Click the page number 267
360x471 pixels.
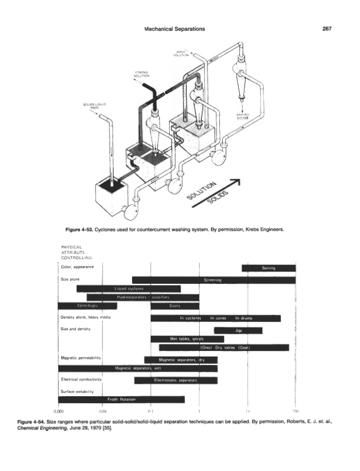click(x=328, y=29)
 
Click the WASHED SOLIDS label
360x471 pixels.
click(x=243, y=116)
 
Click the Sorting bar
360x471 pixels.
click(x=268, y=268)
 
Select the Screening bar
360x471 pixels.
click(x=213, y=280)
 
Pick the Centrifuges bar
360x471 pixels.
click(x=87, y=306)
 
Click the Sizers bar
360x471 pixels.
click(x=174, y=306)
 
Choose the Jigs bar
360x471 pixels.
click(x=238, y=330)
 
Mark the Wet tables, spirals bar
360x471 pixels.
click(x=187, y=339)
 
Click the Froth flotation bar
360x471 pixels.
click(x=121, y=399)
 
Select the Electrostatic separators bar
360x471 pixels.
click(x=176, y=380)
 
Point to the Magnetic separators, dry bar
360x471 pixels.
click(x=181, y=359)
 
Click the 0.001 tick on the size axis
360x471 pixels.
click(x=58, y=411)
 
